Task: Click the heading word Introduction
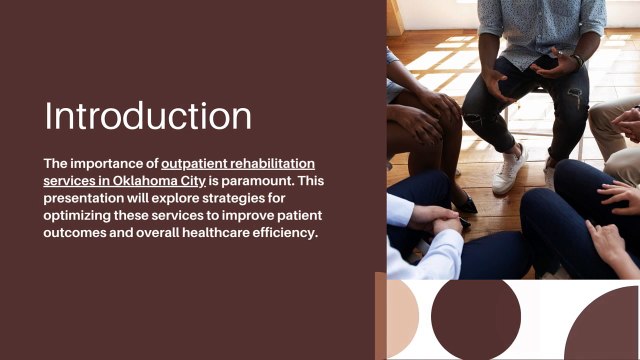(148, 115)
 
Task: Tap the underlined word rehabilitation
(275, 162)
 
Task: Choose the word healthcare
(225, 234)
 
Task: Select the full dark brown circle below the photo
(475, 319)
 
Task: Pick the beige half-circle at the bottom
(400, 319)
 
